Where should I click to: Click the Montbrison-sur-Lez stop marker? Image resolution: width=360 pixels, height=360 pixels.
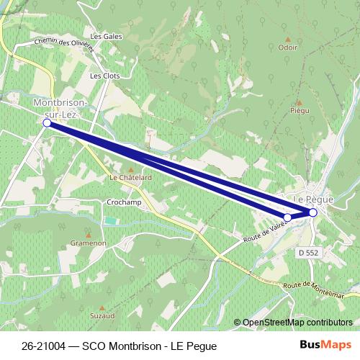coord(47,123)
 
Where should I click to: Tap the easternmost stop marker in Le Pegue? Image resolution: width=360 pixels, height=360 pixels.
coord(313,212)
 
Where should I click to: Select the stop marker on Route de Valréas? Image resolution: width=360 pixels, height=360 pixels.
coord(287,217)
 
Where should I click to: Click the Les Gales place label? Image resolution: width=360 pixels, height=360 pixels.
coord(106,35)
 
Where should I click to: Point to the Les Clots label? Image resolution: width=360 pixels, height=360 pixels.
coord(105,75)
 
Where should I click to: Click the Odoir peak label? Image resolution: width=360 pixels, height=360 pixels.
coord(288,48)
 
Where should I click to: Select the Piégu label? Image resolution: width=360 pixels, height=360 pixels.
coord(300,111)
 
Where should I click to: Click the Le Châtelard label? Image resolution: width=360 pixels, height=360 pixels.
coord(130,177)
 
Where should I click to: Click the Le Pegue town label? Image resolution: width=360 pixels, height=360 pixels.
coord(311,198)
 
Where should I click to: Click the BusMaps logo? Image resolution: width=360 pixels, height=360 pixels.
coord(325,346)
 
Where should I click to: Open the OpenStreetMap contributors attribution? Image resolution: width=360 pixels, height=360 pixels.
coord(297,322)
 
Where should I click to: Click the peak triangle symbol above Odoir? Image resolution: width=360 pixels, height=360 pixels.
coord(288,39)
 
